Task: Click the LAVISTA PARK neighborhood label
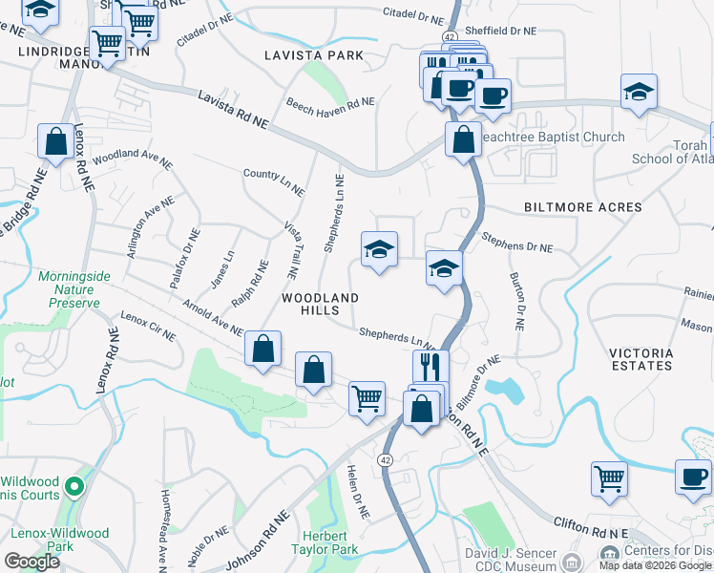[x=314, y=55]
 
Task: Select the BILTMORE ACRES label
[x=582, y=207]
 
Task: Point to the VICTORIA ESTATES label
[x=641, y=359]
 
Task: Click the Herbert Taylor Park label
[x=329, y=542]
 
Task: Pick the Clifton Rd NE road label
[x=591, y=525]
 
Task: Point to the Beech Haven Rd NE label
[x=330, y=102]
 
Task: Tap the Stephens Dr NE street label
[x=516, y=242]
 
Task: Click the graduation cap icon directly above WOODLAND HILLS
[x=379, y=250]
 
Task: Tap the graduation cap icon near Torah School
[x=639, y=92]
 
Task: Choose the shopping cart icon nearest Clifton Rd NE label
[x=608, y=477]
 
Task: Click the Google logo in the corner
[x=31, y=561]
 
